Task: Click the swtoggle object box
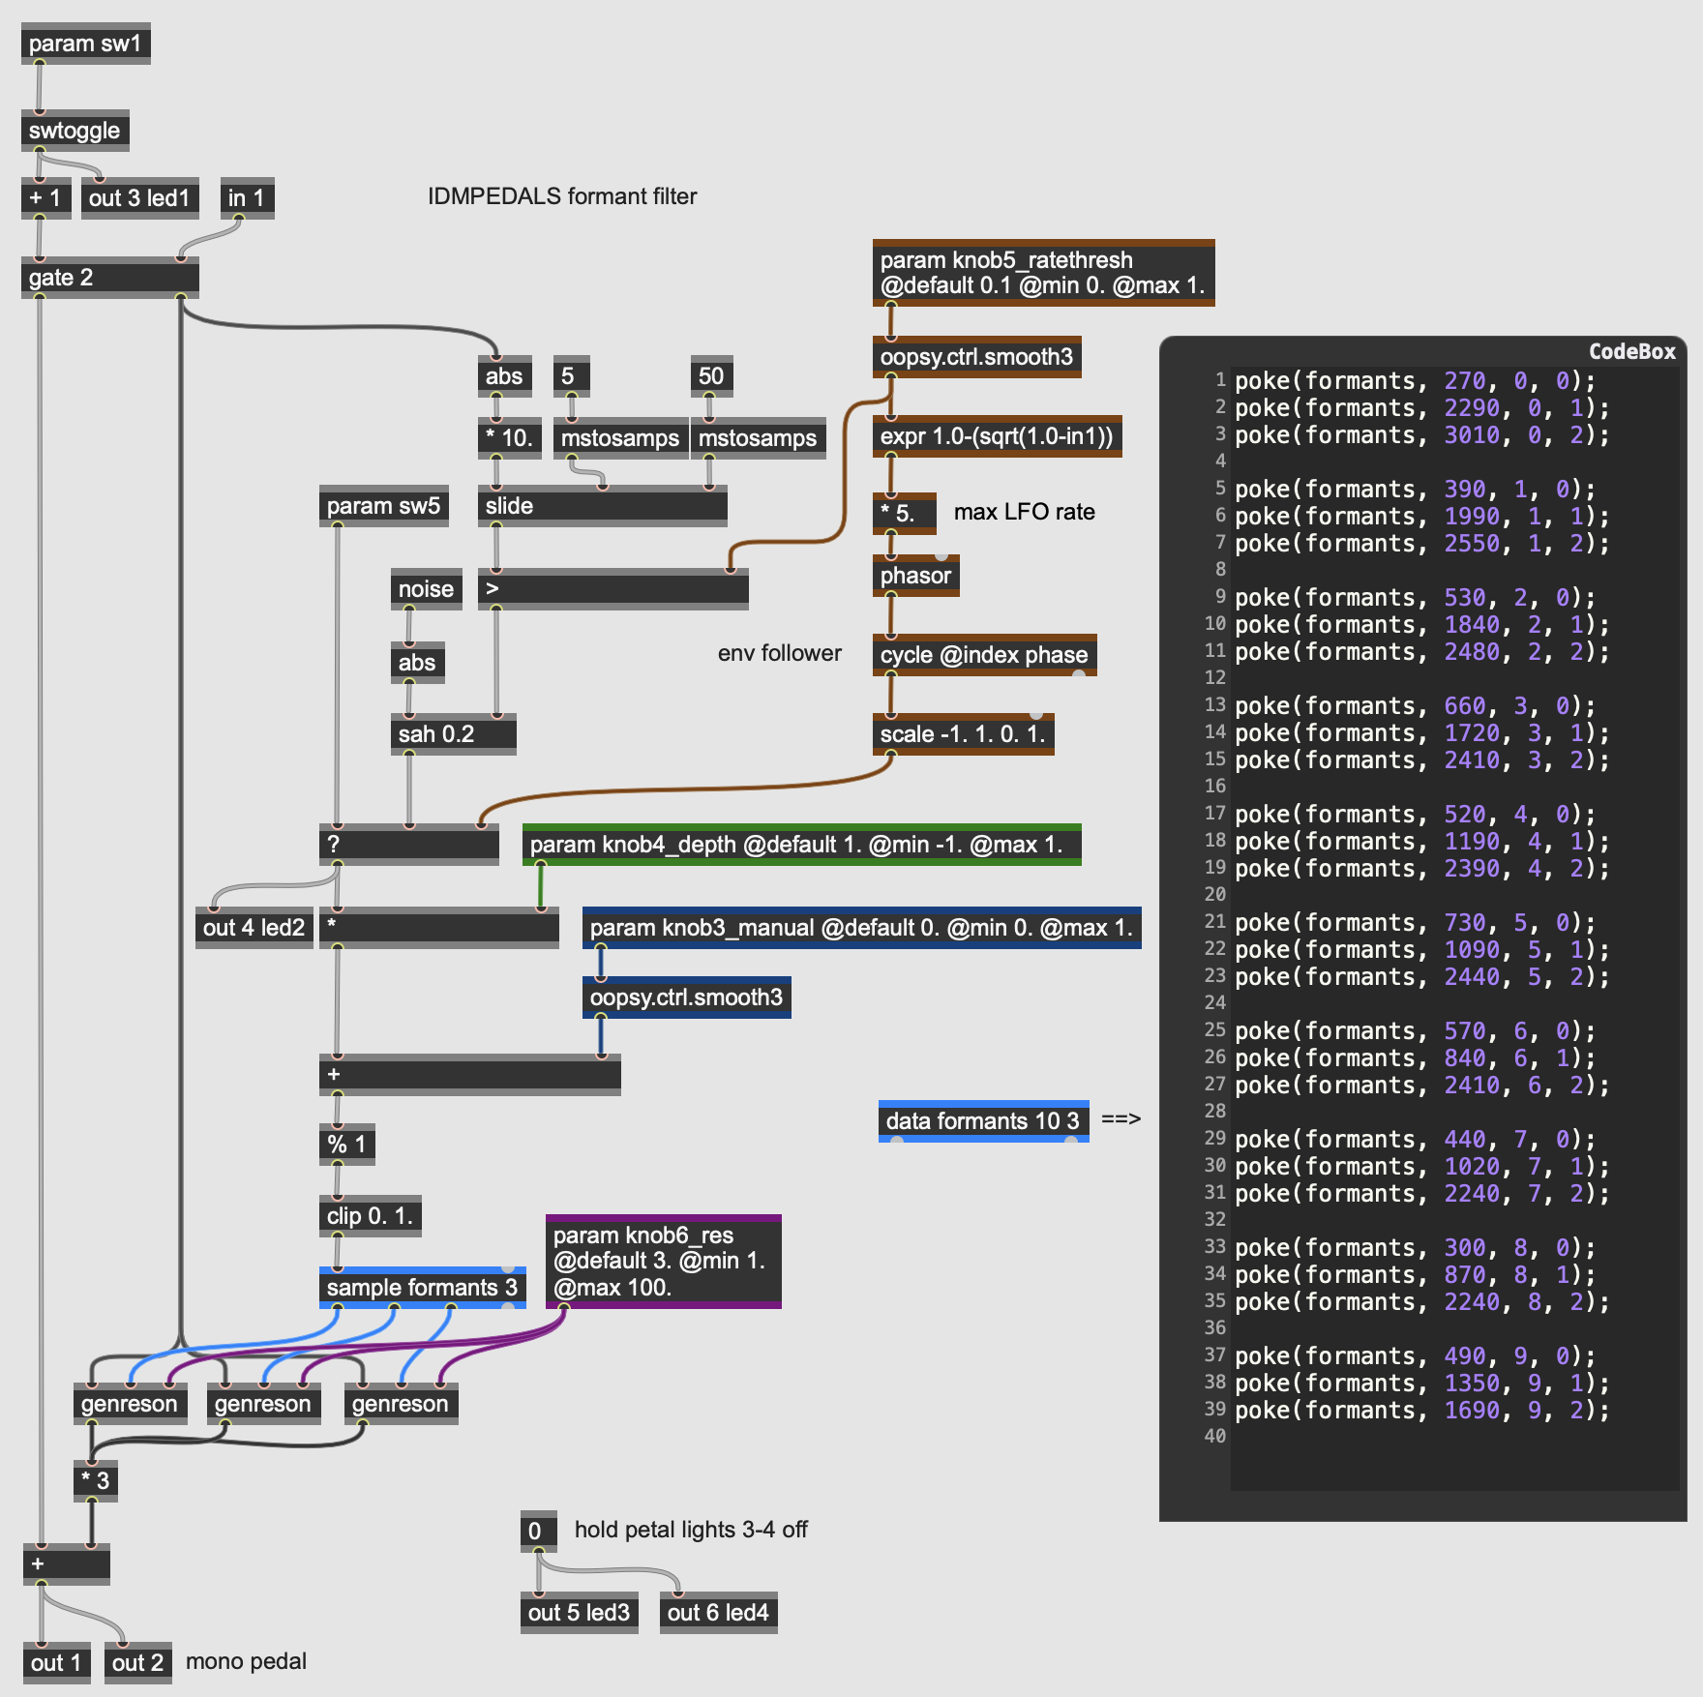point(75,131)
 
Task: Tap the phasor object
point(915,576)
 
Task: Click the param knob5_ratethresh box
point(1042,273)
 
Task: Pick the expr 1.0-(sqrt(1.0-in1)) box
point(997,436)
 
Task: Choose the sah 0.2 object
point(452,734)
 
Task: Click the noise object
point(426,589)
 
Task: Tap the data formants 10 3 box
point(982,1121)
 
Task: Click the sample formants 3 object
point(422,1288)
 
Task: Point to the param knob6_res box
point(663,1262)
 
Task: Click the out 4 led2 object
point(254,928)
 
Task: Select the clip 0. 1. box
point(370,1216)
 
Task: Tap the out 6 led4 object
point(718,1613)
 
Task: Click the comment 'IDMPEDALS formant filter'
point(562,196)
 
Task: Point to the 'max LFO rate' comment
point(1024,512)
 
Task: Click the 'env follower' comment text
point(779,653)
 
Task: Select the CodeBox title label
point(1631,352)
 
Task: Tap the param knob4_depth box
point(801,845)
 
